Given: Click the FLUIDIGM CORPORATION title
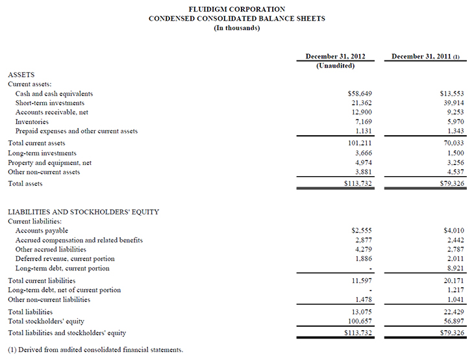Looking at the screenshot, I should point(236,9).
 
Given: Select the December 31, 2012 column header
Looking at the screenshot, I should point(335,57).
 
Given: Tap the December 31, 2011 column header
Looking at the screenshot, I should point(425,57).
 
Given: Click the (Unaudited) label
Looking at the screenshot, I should point(335,66).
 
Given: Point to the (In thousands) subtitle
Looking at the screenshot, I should point(237,27).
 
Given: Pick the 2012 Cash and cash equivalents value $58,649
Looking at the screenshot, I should point(360,94).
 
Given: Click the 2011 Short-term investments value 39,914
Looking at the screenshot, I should point(451,103).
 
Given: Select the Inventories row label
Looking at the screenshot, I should point(32,122).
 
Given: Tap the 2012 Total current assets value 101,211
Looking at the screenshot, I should point(360,143).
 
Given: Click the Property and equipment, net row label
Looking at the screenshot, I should point(49,162).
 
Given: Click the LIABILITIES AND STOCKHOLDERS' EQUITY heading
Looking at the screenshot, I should point(83,212).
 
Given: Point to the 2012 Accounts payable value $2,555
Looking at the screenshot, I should point(360,231).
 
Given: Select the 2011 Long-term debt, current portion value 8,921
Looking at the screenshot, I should point(453,268).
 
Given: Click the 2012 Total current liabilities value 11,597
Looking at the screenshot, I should point(360,280).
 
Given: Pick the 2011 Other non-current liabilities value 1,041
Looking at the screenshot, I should point(453,300).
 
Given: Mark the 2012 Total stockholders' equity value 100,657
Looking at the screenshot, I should point(360,321).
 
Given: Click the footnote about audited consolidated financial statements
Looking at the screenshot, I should point(95,350).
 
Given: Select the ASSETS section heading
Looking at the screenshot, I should point(21,75).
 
